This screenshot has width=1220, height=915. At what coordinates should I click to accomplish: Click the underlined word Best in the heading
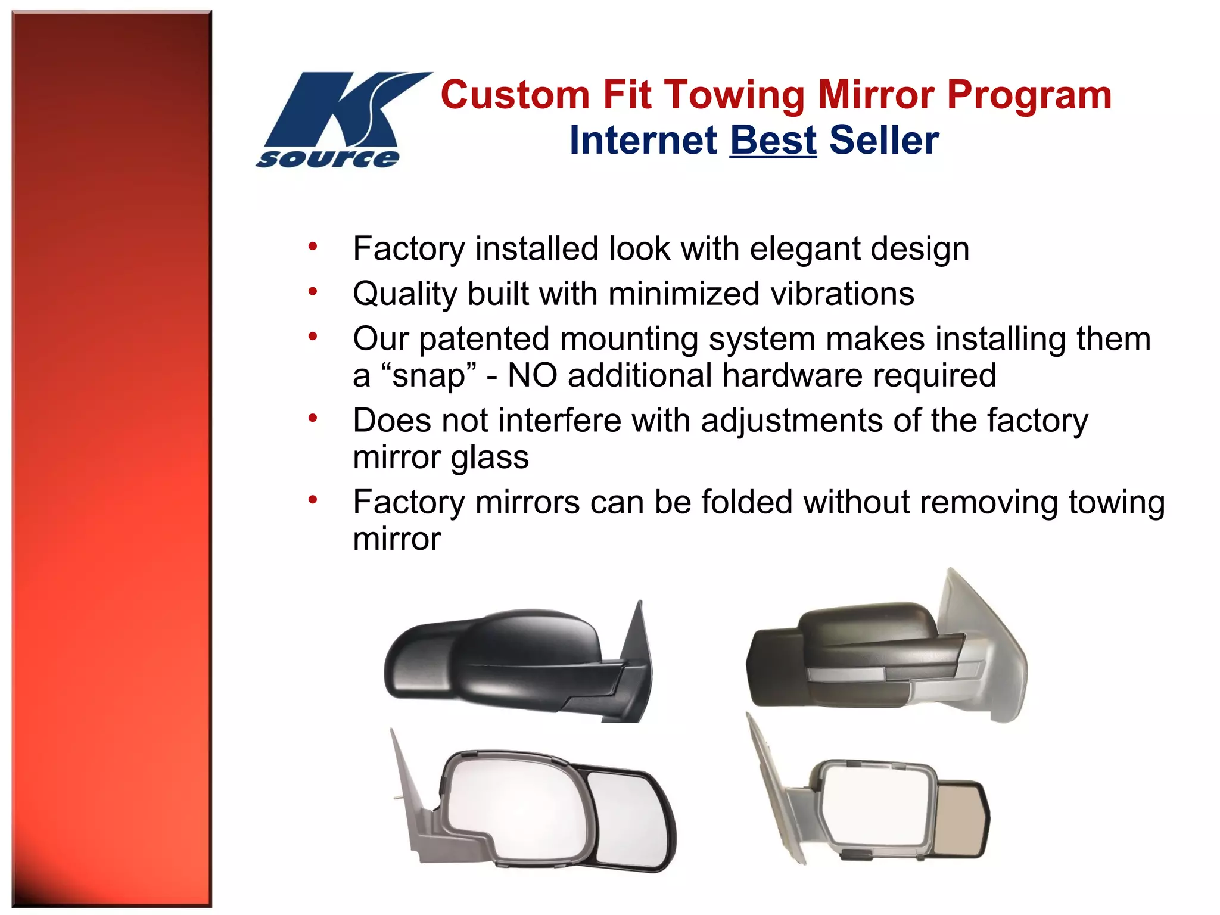tap(773, 141)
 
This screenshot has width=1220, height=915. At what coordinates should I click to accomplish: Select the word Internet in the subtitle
tap(643, 141)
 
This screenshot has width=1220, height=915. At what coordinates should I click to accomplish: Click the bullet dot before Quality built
tap(312, 291)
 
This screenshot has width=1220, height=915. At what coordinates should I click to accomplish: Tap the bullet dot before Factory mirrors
tap(312, 500)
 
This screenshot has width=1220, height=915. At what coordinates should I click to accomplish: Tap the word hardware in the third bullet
tap(792, 376)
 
